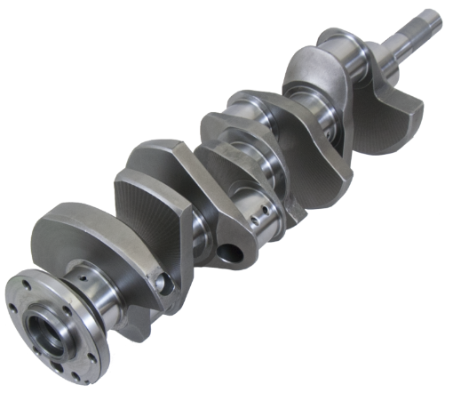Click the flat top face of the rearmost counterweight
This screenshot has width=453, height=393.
[71, 218]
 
